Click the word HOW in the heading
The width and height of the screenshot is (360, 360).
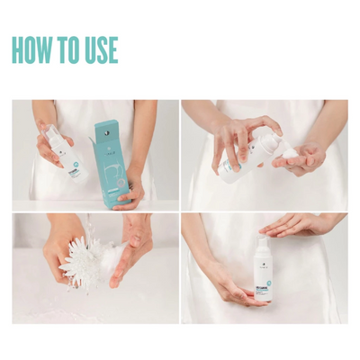pyautogui.click(x=31, y=50)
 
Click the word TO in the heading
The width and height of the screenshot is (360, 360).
pyautogui.click(x=67, y=50)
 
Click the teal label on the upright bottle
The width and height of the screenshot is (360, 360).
pyautogui.click(x=264, y=279)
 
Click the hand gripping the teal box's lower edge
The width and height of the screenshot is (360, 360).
pyautogui.click(x=133, y=189)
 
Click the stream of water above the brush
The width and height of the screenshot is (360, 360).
pyautogui.click(x=90, y=225)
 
